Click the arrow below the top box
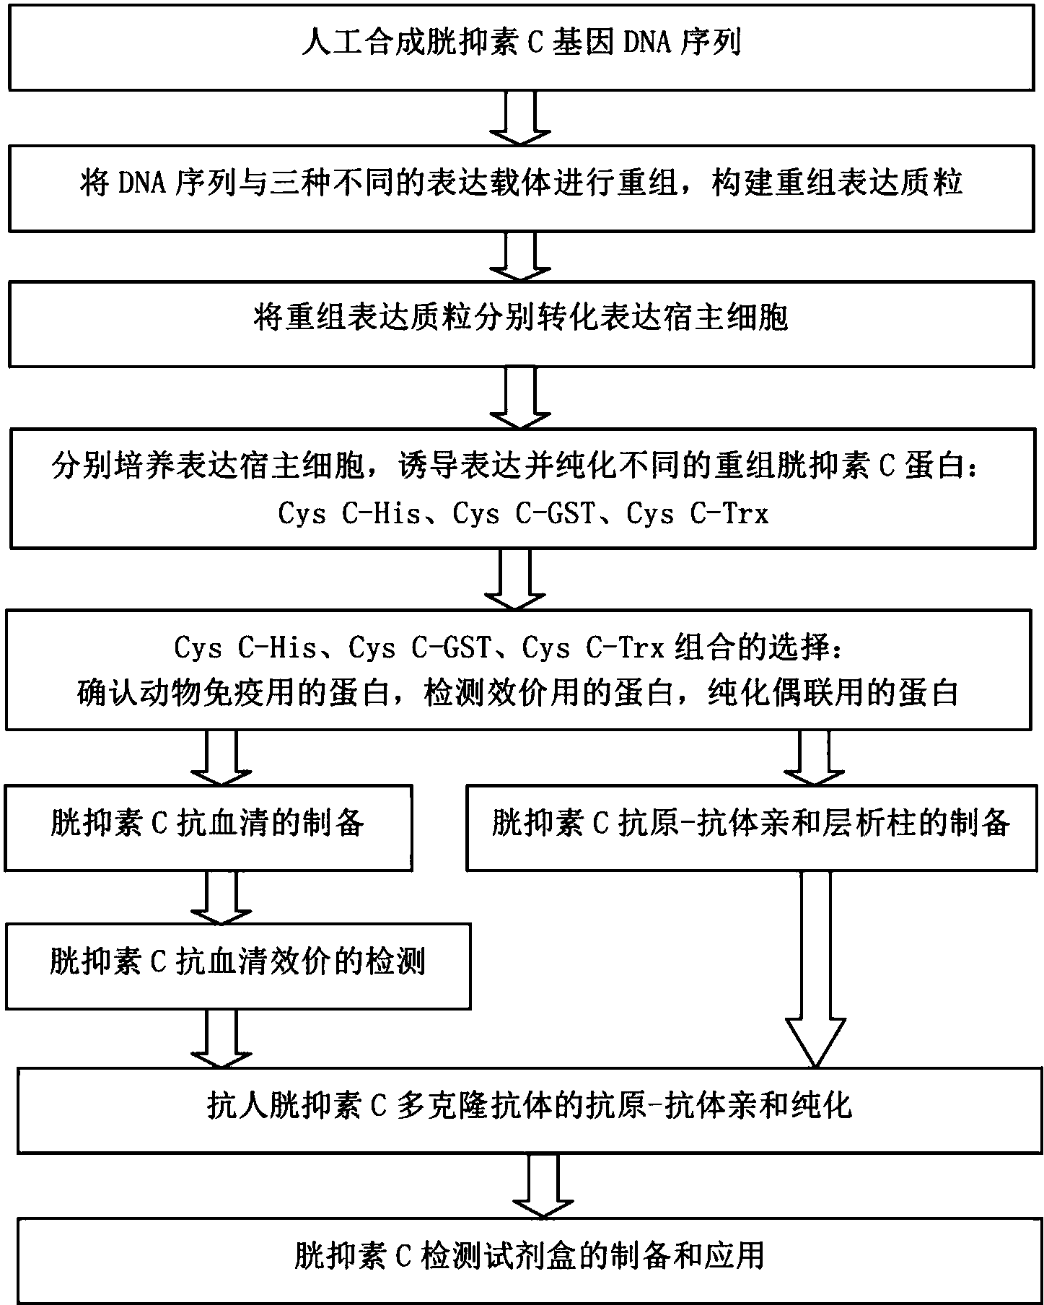click(x=520, y=118)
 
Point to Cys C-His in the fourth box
click(x=350, y=514)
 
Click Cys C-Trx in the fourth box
click(x=697, y=514)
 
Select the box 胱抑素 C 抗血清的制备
click(x=209, y=827)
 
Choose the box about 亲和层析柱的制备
click(x=750, y=827)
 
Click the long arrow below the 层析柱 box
click(x=815, y=967)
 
